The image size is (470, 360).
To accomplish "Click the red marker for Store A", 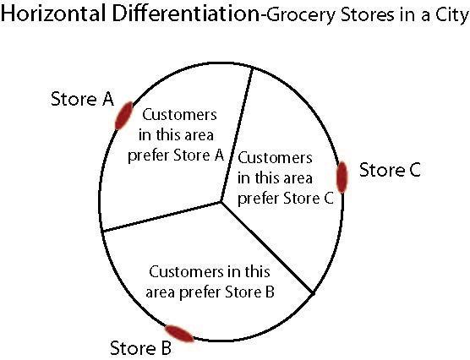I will [123, 115].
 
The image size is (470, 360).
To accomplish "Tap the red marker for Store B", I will [178, 334].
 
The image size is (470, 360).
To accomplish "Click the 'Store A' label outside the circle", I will [83, 100].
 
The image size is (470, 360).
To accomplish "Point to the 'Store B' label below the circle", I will [141, 347].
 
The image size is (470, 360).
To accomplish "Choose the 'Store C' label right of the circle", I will [390, 170].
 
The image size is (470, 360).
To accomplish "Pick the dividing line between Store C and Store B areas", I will [267, 248].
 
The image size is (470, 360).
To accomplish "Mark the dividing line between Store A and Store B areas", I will [162, 215].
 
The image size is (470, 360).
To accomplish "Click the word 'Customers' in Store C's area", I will [276, 157].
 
